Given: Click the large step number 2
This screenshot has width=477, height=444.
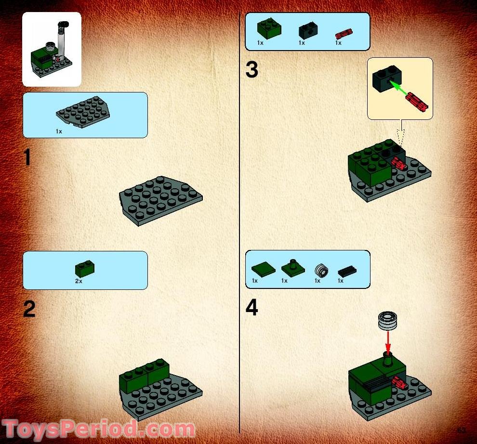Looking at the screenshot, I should (29, 309).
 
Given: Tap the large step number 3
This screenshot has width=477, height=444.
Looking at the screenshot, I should (252, 70).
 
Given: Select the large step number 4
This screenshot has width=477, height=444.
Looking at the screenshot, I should (252, 308).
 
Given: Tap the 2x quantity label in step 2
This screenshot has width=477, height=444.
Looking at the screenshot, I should (79, 281).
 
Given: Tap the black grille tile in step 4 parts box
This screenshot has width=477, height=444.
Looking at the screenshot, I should (347, 271).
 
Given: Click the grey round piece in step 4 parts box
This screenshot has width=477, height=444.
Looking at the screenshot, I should (320, 271).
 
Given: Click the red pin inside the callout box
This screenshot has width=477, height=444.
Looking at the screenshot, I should (416, 102).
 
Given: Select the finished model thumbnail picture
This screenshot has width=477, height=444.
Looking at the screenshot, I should (52, 49).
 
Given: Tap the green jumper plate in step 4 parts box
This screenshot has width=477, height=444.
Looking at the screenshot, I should (292, 267).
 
